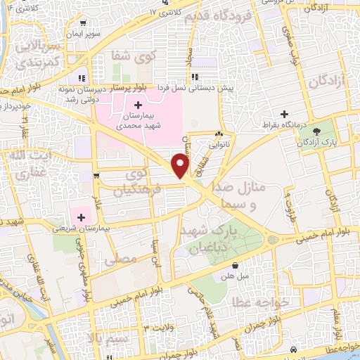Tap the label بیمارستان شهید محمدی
click(x=139, y=120)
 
